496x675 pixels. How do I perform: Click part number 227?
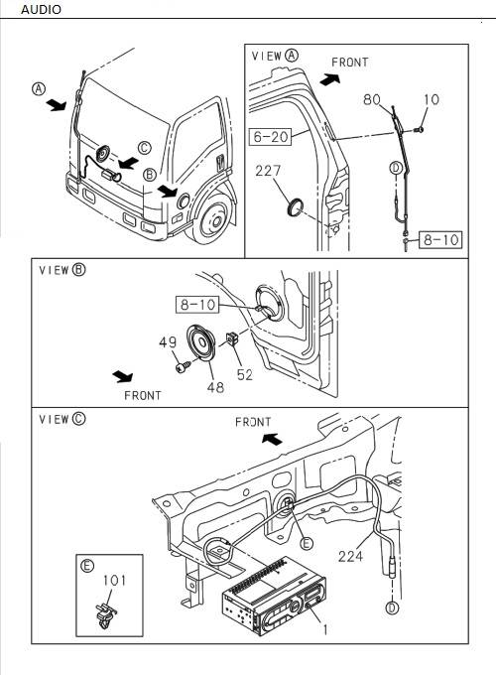pos(270,172)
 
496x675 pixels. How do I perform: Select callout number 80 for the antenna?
pos(372,99)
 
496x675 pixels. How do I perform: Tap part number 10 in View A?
pos(432,99)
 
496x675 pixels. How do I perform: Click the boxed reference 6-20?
pos(271,135)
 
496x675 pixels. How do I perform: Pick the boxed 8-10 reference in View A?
pos(438,239)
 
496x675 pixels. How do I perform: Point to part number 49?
pos(168,343)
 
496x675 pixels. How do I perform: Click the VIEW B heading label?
pos(62,269)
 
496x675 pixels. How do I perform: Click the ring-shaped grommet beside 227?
pos(295,207)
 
